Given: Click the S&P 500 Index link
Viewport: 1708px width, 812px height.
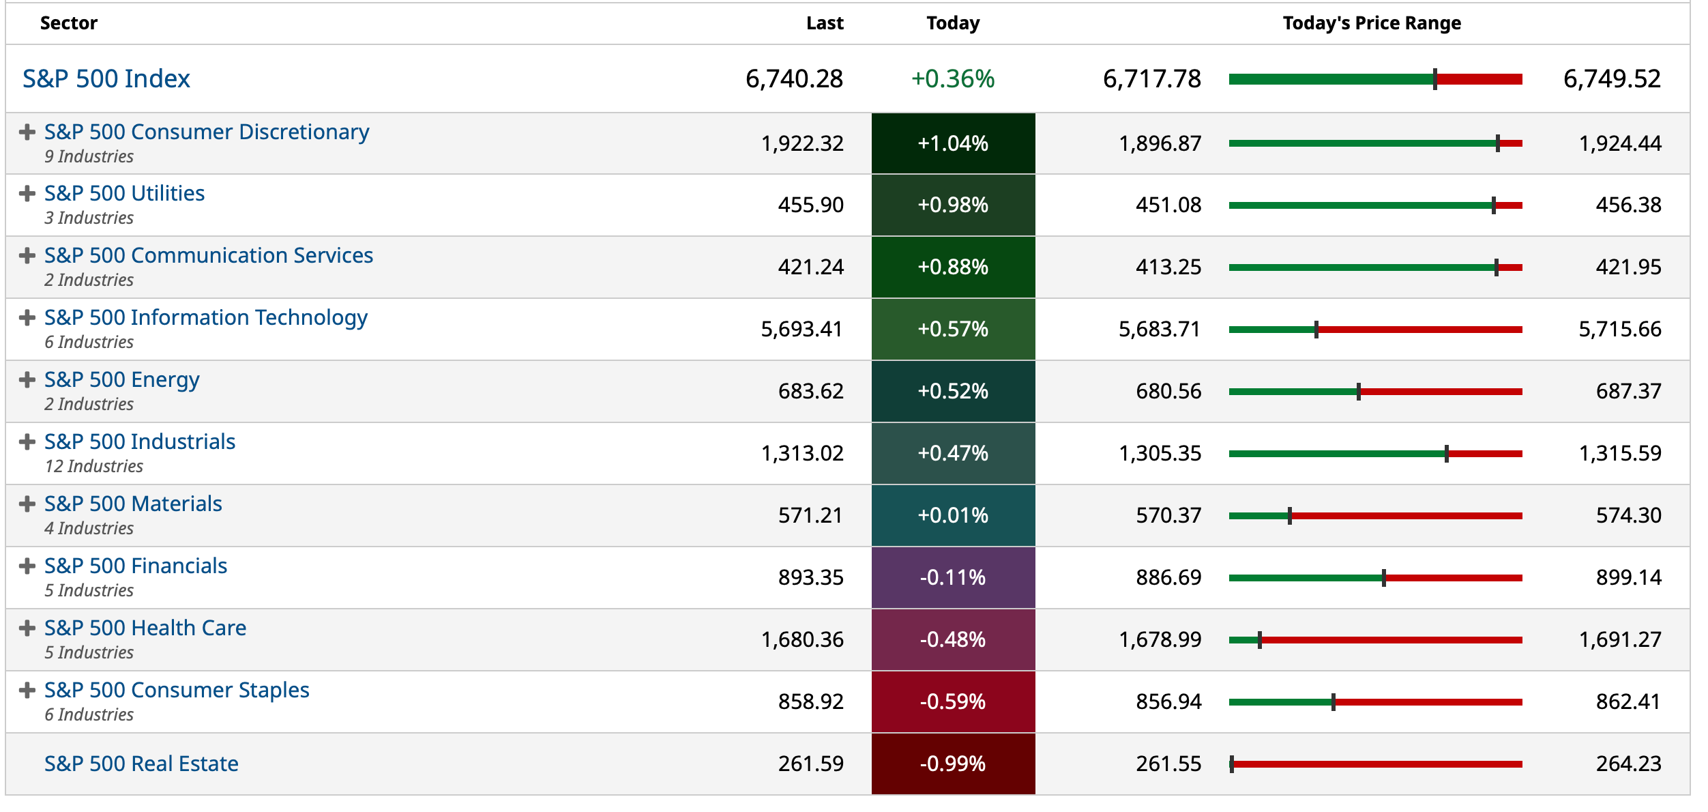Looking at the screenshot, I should (106, 79).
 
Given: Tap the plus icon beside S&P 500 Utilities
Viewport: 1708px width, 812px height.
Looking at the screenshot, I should (27, 194).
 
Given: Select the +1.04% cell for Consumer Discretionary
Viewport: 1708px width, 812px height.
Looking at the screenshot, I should (952, 143).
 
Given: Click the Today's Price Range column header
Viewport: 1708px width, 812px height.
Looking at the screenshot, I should (1371, 23).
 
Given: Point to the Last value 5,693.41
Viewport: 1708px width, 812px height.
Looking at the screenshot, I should (801, 330).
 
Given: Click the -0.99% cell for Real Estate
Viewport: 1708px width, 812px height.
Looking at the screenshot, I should (952, 764).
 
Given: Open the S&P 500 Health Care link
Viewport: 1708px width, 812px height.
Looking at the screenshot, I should (145, 628).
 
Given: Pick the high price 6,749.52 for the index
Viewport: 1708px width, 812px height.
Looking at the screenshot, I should (1611, 79).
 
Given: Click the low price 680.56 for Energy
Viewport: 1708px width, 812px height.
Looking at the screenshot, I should (1168, 392).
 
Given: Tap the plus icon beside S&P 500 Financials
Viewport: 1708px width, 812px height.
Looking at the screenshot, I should (27, 566).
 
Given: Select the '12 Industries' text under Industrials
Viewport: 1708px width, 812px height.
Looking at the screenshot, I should (94, 467).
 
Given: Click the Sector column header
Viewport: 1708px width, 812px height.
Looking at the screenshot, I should (69, 23).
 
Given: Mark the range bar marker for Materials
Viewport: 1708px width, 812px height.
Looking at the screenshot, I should (1289, 516).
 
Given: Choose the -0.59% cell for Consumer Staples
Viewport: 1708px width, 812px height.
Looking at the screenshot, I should (952, 701).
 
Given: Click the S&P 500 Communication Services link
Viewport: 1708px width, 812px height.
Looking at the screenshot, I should (209, 255).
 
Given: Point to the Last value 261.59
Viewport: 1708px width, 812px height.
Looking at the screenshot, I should (810, 764).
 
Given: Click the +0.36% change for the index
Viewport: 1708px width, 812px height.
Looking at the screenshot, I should (952, 79).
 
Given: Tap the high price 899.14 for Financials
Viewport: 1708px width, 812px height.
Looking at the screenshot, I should (1628, 578).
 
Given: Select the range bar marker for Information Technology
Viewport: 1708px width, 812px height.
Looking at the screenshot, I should (1316, 330).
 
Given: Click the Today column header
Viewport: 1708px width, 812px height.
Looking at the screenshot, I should (952, 23).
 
